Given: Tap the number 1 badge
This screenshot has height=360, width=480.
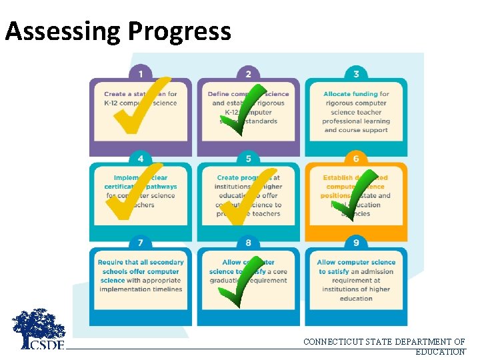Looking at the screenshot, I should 141,73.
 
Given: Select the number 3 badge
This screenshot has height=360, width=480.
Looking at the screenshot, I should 356,73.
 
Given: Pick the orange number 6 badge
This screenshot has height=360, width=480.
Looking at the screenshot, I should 356,158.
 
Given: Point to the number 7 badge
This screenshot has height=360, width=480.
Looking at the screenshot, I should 141,242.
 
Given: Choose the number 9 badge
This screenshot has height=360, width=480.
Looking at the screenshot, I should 356,243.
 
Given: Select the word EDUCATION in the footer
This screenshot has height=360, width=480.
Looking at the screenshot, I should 440,352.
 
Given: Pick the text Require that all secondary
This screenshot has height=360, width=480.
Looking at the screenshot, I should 141,263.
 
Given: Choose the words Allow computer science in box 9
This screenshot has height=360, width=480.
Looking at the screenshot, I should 356,263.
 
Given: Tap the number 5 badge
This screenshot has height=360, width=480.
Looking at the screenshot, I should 248,158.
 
